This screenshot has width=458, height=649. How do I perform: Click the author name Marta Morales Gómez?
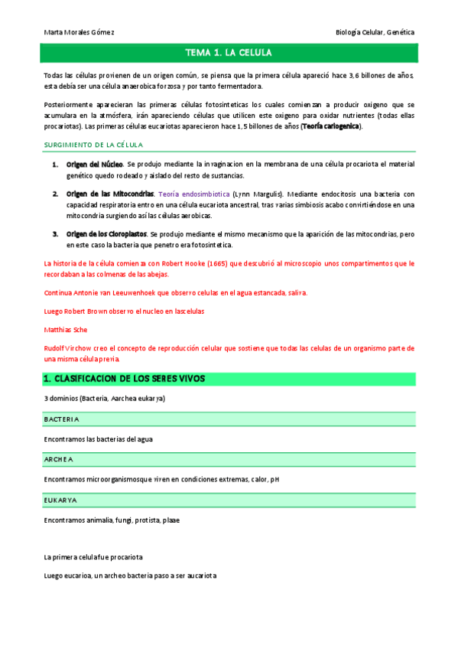tap(80, 33)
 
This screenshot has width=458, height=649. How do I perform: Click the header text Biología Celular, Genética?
tap(375, 33)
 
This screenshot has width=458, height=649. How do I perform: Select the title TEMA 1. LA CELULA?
tap(229, 53)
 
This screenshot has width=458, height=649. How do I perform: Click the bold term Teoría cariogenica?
tap(330, 126)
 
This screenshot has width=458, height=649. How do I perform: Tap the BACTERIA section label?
tap(62, 420)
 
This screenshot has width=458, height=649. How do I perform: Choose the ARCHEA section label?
tap(59, 460)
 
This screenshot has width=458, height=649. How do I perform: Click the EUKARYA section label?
tap(60, 501)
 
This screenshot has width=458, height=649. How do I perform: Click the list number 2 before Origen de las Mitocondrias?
tap(55, 194)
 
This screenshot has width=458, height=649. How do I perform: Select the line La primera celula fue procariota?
tap(94, 557)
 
